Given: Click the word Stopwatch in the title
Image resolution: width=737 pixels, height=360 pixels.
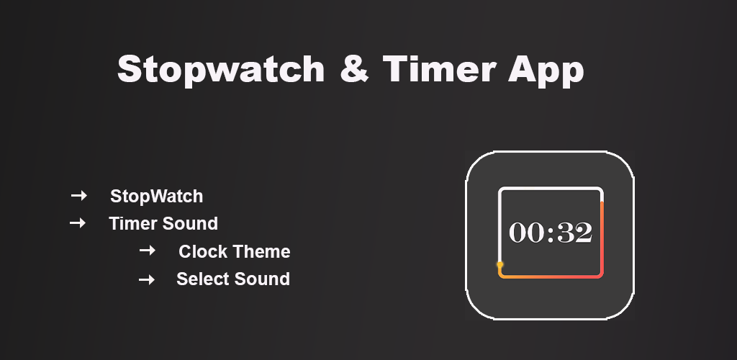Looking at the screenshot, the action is coord(221,70).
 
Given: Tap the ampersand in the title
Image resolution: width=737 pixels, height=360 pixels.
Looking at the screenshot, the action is coord(354,68).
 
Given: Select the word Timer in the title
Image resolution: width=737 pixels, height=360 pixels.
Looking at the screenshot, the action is coord(439,68).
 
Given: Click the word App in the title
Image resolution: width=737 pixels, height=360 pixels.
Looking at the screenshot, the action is coord(546,71).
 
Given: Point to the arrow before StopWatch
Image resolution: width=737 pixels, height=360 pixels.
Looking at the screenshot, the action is coord(79,196).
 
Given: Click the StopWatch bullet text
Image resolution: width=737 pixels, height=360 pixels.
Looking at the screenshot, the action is coord(156,197).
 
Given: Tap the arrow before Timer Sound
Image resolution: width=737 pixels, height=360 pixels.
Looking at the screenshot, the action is coord(78,222).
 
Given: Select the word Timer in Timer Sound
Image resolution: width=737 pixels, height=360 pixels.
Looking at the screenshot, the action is coord(135,224).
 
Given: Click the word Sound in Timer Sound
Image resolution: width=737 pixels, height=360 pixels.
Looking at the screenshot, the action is coord(191,224).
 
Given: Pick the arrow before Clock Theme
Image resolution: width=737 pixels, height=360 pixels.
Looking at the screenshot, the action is coord(147,251).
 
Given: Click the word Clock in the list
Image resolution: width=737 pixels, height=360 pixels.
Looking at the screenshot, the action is coord(203,251).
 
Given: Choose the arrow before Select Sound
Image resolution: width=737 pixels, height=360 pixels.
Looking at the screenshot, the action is coord(147,280).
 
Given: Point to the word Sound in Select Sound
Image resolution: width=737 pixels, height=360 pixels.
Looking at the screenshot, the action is coord(262,279).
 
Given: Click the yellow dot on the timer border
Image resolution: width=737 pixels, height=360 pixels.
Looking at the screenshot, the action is coord(500,264).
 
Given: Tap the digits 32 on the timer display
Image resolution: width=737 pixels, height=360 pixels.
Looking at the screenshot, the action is coord(574,233).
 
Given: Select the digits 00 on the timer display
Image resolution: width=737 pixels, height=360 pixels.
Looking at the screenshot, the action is coord(526,233).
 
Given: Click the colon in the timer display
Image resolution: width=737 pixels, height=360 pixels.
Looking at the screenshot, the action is coord(551,233).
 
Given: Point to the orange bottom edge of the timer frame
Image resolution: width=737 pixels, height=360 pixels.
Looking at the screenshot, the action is coord(551,276).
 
